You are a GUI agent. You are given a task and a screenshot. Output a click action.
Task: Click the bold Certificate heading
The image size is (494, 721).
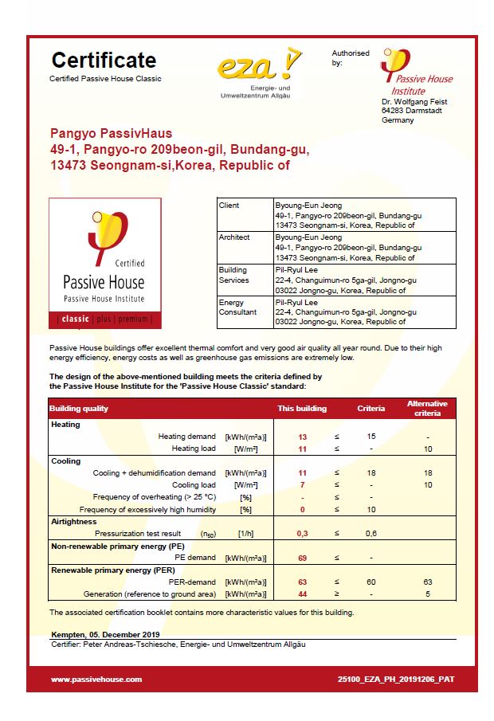tap(104, 60)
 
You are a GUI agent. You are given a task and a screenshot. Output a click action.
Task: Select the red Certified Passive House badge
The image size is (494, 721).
tap(105, 264)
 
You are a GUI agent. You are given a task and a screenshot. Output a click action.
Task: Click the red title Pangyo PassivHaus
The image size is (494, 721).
tap(111, 134)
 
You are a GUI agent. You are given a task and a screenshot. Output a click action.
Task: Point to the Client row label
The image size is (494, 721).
tap(229, 206)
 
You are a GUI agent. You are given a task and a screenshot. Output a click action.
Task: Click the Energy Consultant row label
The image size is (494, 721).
tap(237, 308)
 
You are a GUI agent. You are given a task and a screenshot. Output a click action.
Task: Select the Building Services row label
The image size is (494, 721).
tap(233, 275)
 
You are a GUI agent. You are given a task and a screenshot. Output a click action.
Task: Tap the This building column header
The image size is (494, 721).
tap(301, 409)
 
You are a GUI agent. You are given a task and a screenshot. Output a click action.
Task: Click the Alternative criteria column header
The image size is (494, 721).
tap(427, 409)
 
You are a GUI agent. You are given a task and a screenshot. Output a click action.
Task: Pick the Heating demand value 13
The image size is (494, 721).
tap(302, 437)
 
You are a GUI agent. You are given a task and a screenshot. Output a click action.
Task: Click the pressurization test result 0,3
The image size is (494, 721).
tap(302, 533)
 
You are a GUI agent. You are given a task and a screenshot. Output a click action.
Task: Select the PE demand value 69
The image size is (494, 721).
tap(302, 558)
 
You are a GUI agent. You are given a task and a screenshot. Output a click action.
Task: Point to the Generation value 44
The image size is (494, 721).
tap(302, 594)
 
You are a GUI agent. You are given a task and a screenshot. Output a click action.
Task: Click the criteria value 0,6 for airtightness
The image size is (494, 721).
tap(370, 533)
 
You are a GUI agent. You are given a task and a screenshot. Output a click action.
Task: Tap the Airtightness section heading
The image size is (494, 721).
tap(73, 521)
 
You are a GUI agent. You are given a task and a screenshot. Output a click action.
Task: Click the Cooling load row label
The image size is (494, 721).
tap(194, 485)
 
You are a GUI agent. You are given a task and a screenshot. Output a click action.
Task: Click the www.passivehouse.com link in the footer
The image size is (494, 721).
tap(96, 680)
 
